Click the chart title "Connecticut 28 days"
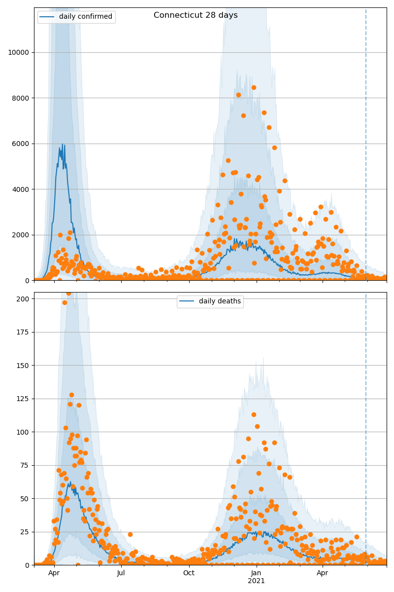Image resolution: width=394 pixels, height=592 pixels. click(196, 15)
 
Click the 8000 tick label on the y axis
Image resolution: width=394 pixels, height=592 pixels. click(20, 98)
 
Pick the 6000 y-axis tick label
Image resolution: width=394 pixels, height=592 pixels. click(20, 144)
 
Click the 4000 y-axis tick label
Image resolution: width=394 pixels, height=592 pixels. click(20, 189)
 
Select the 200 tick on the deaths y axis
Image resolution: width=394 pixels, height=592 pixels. click(24, 299)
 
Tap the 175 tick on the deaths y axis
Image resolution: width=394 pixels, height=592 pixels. click(24, 332)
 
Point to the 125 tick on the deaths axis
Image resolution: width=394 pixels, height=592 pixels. click(24, 399)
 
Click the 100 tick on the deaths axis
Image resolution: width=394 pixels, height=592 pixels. click(24, 432)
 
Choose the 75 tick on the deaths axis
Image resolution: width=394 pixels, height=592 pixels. click(26, 465)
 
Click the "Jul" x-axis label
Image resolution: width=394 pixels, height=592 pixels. click(121, 573)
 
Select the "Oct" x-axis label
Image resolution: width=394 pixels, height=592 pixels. click(189, 573)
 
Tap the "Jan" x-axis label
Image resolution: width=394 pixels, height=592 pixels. click(256, 573)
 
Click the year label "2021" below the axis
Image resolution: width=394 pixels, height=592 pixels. click(256, 581)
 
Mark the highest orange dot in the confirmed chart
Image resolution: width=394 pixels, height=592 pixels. click(254, 88)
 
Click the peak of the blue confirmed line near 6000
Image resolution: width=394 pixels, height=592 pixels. click(63, 144)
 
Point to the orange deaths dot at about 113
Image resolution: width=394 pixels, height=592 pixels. click(254, 414)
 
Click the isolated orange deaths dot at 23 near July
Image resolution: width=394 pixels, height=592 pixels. click(130, 534)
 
